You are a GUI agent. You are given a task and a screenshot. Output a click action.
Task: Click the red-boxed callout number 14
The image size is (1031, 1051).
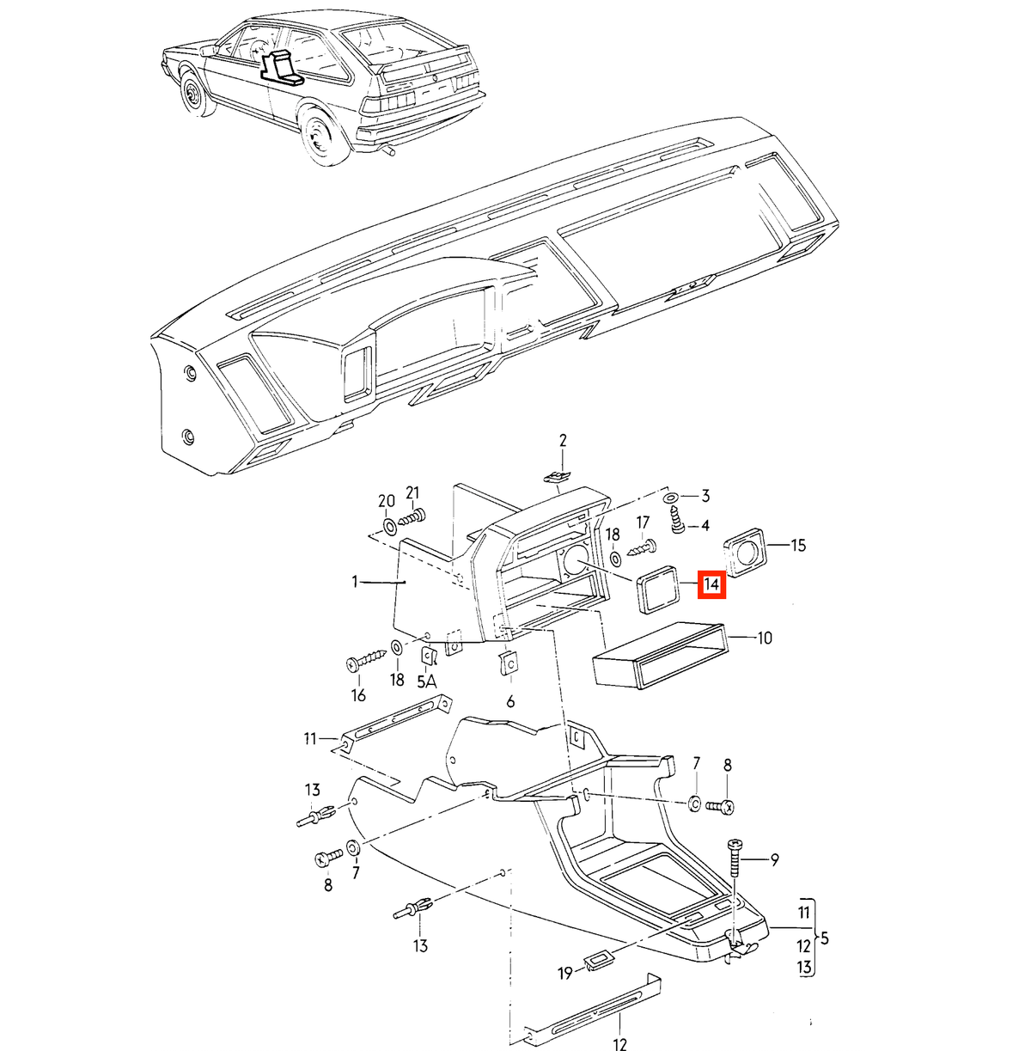point(711,584)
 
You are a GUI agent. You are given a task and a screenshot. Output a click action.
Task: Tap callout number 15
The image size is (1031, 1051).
point(797,546)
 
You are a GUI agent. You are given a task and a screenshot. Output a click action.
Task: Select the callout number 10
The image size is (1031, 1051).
point(765,638)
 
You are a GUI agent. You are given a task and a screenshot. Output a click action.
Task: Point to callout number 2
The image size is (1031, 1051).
point(563,440)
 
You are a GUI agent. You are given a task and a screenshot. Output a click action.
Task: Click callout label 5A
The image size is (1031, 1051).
point(427,681)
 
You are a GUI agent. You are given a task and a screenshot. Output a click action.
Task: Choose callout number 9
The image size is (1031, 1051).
point(774,860)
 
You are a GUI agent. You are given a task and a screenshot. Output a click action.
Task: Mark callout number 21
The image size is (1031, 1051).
point(412,493)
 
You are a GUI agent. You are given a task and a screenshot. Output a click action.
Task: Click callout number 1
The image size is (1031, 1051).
point(355,582)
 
